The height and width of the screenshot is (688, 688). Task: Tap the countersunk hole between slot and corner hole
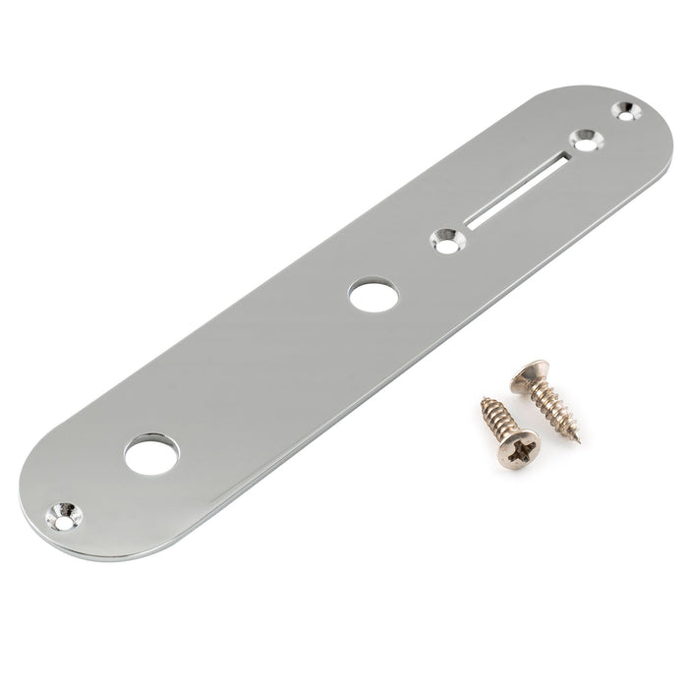587,140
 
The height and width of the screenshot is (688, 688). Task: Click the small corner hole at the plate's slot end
622,110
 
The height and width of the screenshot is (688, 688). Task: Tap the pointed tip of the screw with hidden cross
578,441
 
